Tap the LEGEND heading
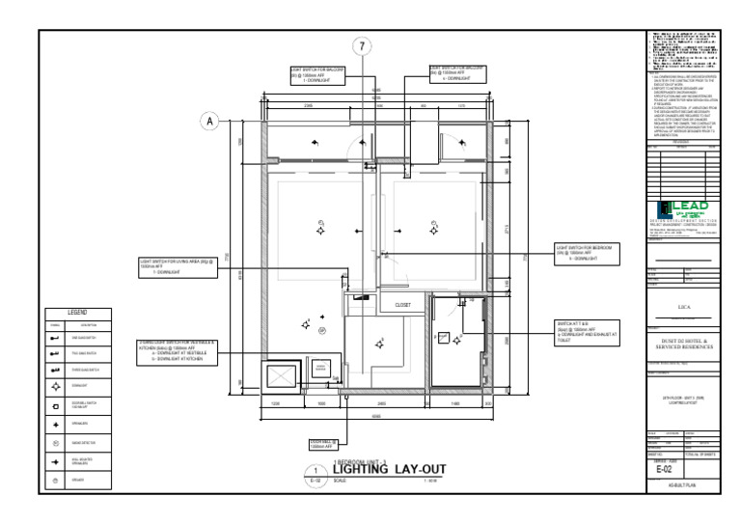click(77, 312)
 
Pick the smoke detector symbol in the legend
click(55, 442)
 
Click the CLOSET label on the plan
click(403, 305)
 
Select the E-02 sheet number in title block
click(682, 470)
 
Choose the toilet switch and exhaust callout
click(587, 332)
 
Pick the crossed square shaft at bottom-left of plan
click(284, 374)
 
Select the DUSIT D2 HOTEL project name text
click(682, 345)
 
